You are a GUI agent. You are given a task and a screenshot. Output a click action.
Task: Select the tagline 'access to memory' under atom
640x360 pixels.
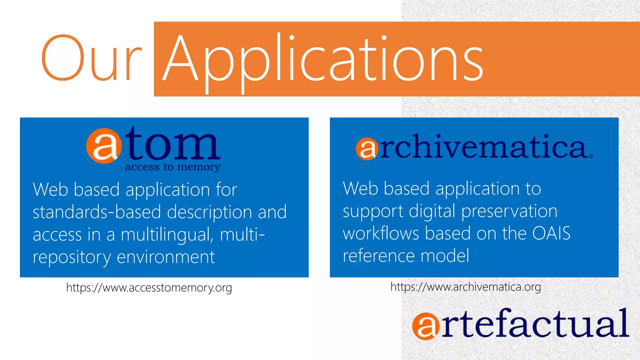(x=172, y=167)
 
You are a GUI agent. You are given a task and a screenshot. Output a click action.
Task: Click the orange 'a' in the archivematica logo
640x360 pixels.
(x=366, y=149)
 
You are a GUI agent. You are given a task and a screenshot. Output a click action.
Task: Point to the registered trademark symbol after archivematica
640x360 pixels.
(x=591, y=156)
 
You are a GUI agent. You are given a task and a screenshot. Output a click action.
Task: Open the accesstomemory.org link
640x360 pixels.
(x=149, y=287)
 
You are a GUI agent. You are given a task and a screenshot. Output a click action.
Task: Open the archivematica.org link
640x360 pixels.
(x=466, y=287)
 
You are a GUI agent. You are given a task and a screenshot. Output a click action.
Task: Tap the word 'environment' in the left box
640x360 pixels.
(x=166, y=257)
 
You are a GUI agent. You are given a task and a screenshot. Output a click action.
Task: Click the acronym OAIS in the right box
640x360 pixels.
(x=551, y=233)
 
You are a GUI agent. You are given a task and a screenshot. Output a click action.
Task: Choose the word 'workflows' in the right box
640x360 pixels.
(x=381, y=233)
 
